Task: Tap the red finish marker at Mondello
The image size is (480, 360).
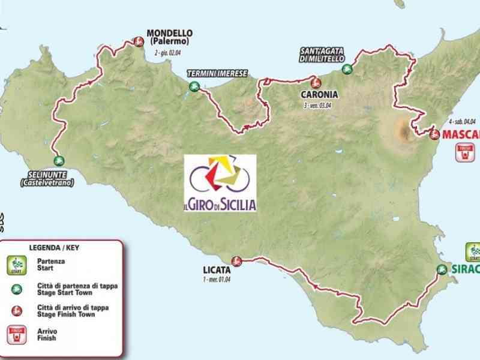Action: pos(139,41)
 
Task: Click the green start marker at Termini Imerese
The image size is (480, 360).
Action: pos(194,87)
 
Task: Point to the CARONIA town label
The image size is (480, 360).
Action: pos(318,95)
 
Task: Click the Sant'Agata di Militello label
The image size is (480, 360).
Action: pos(322,55)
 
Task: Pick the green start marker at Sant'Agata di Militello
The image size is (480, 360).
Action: pos(347,69)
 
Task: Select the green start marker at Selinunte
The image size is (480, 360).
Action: pos(59,160)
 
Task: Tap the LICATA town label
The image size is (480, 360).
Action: pos(216,270)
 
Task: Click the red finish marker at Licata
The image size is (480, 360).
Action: pos(236,261)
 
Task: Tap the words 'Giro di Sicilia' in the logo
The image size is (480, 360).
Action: pos(220,204)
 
